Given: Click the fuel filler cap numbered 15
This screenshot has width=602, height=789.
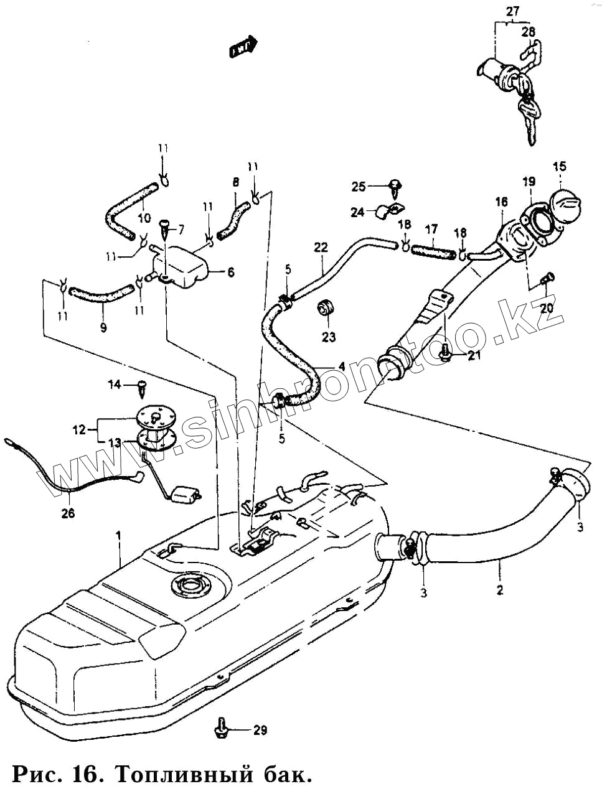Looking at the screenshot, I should coord(563,205).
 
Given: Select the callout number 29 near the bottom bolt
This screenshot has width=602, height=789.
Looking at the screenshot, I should coord(260,730).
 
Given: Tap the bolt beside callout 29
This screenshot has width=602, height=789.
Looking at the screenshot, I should coord(220,728).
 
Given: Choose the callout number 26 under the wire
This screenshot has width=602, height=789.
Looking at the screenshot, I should coord(68,514).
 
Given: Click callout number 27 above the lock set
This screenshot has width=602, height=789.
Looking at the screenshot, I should coord(512,11).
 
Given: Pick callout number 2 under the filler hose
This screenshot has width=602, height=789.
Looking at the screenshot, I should coord(499,588).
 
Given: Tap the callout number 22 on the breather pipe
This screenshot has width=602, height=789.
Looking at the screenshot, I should coord(321,247).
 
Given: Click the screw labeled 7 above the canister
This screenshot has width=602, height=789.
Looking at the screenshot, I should coord(165,227).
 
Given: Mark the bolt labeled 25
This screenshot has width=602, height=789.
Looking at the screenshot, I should coord(393,185).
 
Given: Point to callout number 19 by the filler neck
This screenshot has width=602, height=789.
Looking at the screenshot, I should coord(529,182).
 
